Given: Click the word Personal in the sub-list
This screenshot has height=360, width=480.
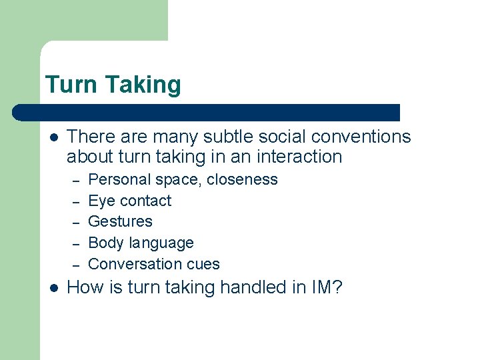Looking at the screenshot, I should pyautogui.click(x=116, y=179).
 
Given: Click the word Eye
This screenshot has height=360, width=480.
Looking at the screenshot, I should pyautogui.click(x=100, y=201).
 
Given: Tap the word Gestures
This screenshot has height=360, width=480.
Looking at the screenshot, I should pyautogui.click(x=120, y=221).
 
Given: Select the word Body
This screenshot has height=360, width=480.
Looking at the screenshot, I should pyautogui.click(x=104, y=243).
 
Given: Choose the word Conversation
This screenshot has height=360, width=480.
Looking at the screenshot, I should pyautogui.click(x=135, y=264).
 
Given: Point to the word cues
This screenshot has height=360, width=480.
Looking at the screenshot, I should pyautogui.click(x=203, y=264).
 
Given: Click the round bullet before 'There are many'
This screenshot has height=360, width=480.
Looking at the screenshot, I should pyautogui.click(x=54, y=137).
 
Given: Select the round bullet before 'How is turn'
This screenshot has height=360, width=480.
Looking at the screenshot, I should pyautogui.click(x=54, y=288).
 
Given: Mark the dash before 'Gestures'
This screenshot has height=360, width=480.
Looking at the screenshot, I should pyautogui.click(x=76, y=223).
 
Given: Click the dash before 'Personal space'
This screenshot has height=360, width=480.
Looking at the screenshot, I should pyautogui.click(x=76, y=181).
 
